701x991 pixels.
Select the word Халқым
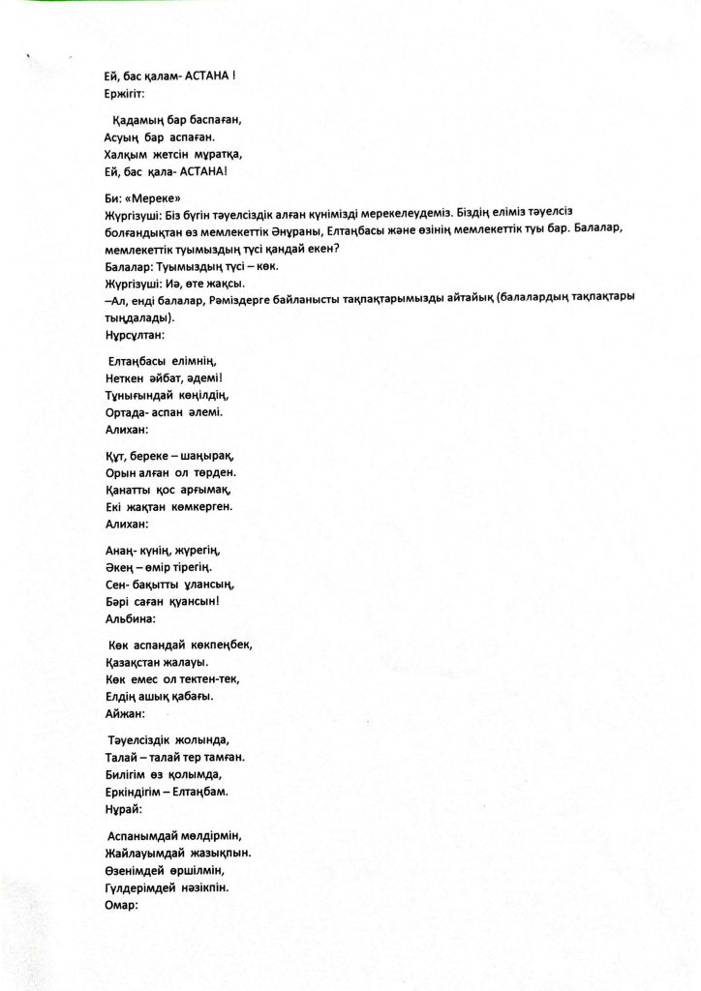(x=126, y=155)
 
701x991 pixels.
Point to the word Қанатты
(x=128, y=490)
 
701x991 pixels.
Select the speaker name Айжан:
(x=123, y=714)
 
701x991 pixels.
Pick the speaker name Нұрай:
(x=121, y=808)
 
